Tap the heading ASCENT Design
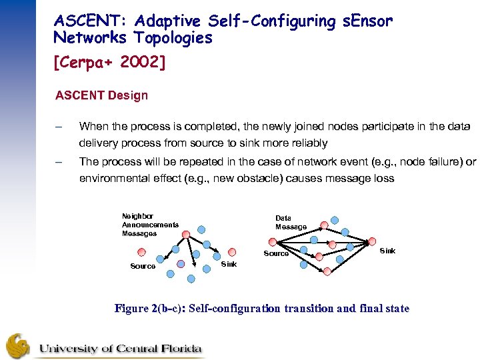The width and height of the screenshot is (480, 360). click(x=101, y=95)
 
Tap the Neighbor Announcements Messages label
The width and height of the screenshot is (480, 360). click(x=149, y=225)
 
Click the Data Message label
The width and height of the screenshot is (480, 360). click(x=291, y=223)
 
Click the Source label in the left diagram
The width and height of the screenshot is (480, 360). click(x=143, y=266)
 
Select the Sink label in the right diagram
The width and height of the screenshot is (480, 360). click(x=387, y=251)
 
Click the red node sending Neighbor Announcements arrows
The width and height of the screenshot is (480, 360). click(x=186, y=234)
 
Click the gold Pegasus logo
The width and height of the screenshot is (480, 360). click(x=18, y=345)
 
